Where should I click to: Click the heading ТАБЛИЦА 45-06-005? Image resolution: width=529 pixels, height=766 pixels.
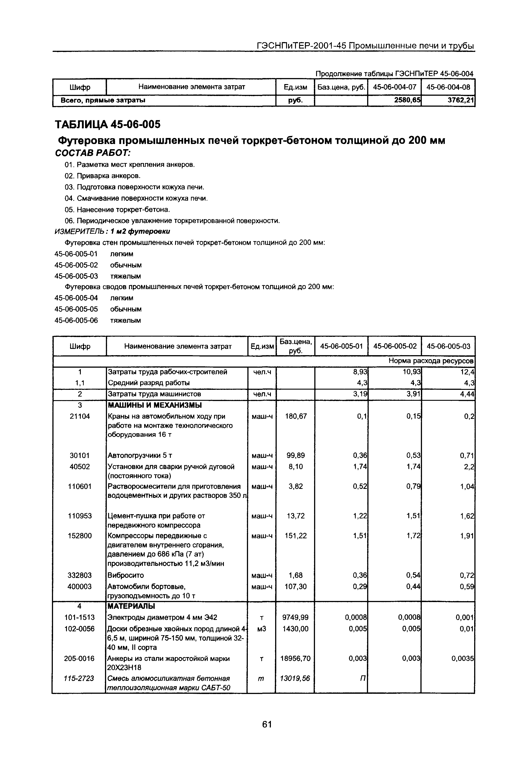107,125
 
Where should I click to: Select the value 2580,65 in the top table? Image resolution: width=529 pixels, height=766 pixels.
407,100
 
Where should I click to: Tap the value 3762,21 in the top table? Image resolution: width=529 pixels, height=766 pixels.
461,100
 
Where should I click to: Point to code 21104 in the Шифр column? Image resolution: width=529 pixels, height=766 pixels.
79,416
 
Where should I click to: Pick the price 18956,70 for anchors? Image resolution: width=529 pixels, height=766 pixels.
295,658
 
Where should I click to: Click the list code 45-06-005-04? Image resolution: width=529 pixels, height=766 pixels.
76,298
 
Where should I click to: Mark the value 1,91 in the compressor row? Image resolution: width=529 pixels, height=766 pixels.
467,536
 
